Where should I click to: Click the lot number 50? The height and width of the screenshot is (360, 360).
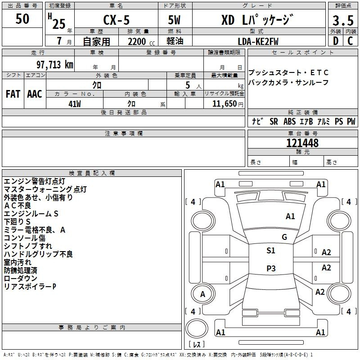pos(22,19)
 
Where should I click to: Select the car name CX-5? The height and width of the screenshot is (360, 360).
pos(117,20)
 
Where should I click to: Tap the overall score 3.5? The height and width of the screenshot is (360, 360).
pos(343,21)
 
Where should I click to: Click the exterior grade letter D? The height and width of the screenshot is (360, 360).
pos(336,41)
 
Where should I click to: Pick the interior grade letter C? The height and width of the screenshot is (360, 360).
pos(350,41)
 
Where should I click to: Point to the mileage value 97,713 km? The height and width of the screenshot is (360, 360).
pos(55,65)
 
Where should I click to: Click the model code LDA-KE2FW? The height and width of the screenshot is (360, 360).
pos(258,41)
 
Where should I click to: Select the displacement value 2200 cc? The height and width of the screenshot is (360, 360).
pos(141,41)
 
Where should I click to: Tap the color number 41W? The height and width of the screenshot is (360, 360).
pos(75,104)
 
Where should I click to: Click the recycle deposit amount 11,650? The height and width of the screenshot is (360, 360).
pos(225,104)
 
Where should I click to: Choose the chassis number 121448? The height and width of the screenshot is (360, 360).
pos(302,143)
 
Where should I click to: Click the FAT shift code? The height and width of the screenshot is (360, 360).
pos(13,94)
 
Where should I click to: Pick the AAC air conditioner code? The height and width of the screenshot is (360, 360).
pos(35,94)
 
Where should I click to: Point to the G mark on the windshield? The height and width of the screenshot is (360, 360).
pos(284,237)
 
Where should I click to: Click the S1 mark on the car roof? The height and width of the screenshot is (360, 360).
pos(271,251)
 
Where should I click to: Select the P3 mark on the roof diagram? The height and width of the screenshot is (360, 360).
pos(271,268)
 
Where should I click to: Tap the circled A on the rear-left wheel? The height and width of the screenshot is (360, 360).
pos(203,294)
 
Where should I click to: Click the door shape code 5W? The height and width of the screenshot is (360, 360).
pos(174,20)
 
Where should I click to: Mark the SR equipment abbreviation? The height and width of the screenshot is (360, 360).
pos(274,121)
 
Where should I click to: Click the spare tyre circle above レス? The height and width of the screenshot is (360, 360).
pos(197,328)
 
